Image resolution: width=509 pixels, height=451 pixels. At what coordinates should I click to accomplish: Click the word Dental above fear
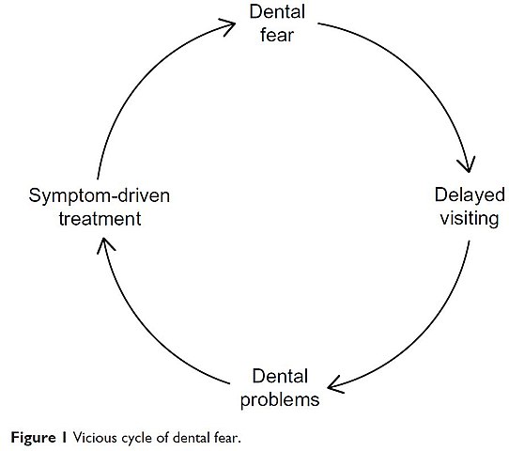pos(277,11)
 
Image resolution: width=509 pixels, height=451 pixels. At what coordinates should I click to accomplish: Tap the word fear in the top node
pos(277,35)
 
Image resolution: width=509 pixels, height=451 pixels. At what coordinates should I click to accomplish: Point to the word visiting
pos(470,218)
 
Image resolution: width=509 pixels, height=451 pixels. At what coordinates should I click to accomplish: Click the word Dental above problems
pos(280,377)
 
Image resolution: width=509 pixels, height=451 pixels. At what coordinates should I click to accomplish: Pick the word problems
pos(280,400)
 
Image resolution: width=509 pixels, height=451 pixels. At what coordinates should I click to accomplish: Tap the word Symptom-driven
pos(100,196)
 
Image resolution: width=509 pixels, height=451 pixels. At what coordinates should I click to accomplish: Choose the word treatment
pos(100,219)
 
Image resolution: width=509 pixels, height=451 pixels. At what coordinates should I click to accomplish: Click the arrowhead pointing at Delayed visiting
pos(468,165)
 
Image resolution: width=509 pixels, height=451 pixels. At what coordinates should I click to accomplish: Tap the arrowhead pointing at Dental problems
pos(334,385)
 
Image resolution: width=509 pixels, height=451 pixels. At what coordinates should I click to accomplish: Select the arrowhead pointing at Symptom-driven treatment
pos(104,244)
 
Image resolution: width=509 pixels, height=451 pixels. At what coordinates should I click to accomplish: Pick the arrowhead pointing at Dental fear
pos(228,26)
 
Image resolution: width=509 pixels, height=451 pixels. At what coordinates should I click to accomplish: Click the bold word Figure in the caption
pos(34,438)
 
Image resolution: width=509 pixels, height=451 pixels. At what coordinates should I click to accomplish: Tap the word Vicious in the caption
pos(95,438)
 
